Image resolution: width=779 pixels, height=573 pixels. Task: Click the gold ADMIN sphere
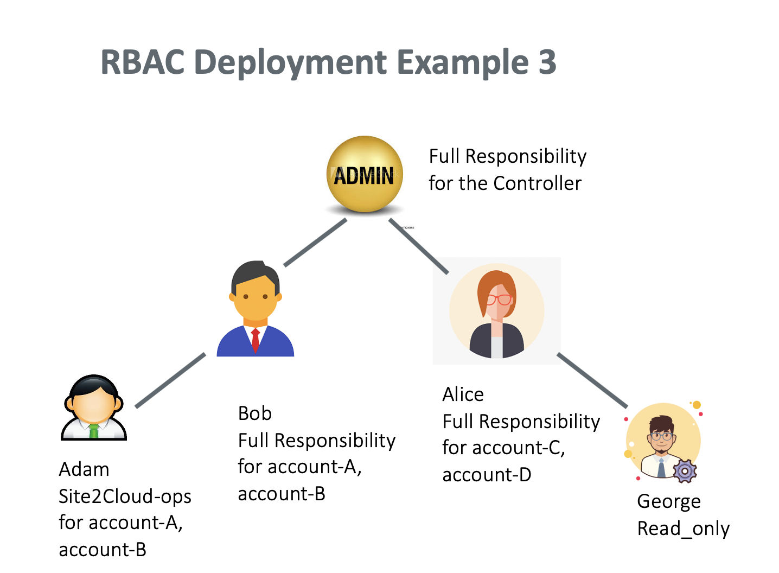coord(365,174)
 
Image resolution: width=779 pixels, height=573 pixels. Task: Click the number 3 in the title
coord(547,62)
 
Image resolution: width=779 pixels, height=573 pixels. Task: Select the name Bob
coord(254,413)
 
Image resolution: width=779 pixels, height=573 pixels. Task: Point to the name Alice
coord(463,394)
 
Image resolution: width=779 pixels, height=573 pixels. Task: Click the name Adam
coord(84,469)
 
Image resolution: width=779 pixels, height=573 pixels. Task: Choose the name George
coord(668,501)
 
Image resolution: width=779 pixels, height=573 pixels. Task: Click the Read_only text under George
coord(683,528)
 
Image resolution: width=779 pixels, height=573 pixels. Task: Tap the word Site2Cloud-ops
coord(125,496)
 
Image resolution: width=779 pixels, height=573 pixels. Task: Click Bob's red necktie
coord(255,339)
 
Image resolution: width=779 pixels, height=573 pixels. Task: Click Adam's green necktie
coord(94,431)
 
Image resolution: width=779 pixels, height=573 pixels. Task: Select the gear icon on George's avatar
coord(685,471)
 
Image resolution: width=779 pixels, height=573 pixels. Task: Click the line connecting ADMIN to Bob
coord(315,243)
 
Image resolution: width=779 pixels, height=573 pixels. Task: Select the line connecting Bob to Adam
coord(170,380)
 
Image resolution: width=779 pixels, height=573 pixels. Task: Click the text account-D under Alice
coord(487,475)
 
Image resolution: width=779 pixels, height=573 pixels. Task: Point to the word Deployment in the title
coord(291,62)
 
